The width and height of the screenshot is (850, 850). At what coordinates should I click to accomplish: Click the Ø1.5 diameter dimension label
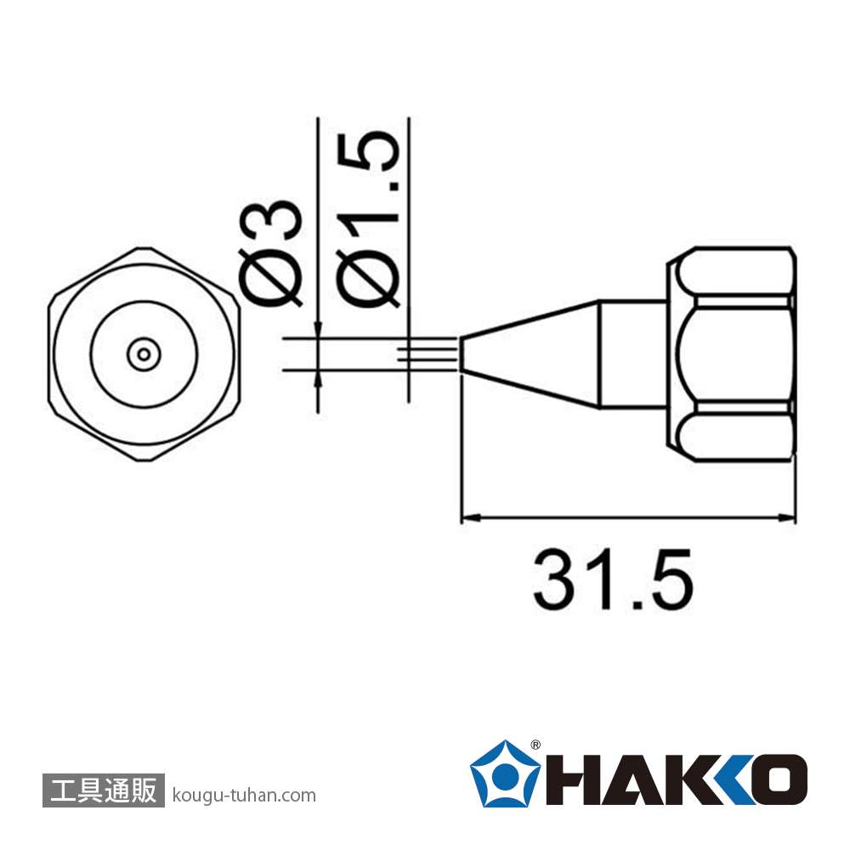click(x=369, y=219)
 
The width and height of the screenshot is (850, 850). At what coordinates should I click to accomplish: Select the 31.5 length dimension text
click(x=613, y=580)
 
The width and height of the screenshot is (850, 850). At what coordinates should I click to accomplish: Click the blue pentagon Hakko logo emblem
click(x=505, y=773)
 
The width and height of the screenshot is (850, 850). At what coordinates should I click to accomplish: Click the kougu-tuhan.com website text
click(x=243, y=796)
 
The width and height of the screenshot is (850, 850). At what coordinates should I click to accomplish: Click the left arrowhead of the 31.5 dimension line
click(x=466, y=517)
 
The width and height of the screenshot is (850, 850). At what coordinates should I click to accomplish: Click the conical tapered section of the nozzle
click(x=531, y=354)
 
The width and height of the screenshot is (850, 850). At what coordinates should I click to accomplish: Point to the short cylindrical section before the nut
click(x=631, y=354)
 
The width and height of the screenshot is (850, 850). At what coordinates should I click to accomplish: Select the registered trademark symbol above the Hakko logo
click(x=535, y=745)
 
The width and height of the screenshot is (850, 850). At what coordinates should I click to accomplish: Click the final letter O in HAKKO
click(x=779, y=779)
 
